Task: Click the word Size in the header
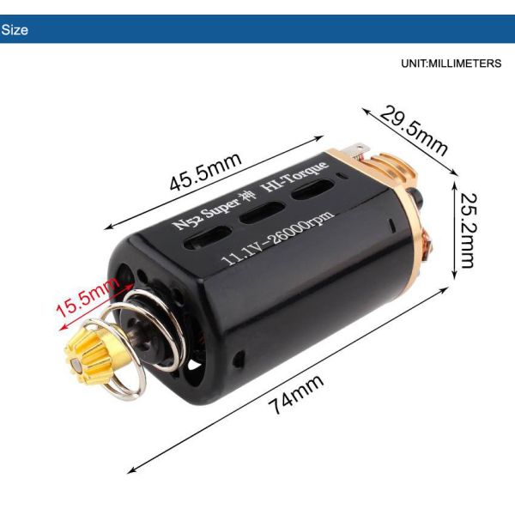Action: (x=15, y=30)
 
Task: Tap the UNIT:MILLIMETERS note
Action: (x=450, y=64)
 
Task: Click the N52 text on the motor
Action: (x=184, y=222)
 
